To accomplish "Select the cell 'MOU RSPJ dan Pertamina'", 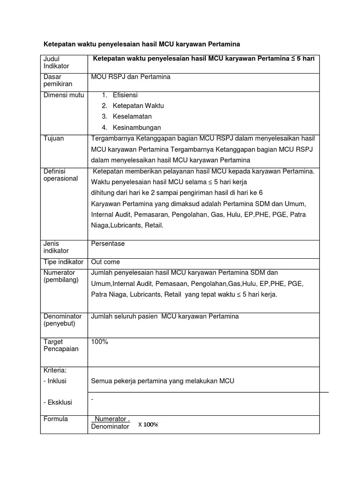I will point(131,77).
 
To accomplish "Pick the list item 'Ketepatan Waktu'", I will point(138,106).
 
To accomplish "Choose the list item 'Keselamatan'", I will point(132,117).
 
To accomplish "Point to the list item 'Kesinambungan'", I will point(136,127).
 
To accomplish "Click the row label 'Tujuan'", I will point(53,139).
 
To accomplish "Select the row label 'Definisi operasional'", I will point(60,175).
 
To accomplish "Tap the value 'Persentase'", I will point(108,244).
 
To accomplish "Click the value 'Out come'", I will point(105,262).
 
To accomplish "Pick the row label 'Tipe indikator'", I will point(63,262).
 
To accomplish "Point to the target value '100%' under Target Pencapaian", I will point(100,342).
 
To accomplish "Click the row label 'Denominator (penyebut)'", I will point(62,320).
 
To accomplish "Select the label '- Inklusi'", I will point(55,381).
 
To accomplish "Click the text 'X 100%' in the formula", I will point(148,425).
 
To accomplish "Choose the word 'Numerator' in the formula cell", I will point(111,419).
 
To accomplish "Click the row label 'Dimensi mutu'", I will point(64,95).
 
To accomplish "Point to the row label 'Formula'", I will point(56,419).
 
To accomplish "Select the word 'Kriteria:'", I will point(55,370).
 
